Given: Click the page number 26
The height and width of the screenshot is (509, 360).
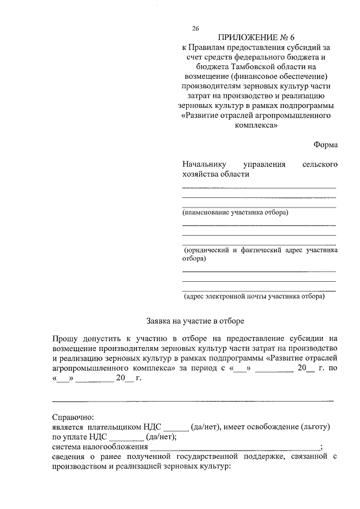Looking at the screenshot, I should coord(196,28).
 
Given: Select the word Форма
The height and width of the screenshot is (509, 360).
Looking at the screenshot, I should coord(326,145).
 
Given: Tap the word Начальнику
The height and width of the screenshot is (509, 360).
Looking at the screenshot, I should coord(204,164).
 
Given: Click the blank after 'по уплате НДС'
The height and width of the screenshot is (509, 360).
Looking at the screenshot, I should coord(127,437).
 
